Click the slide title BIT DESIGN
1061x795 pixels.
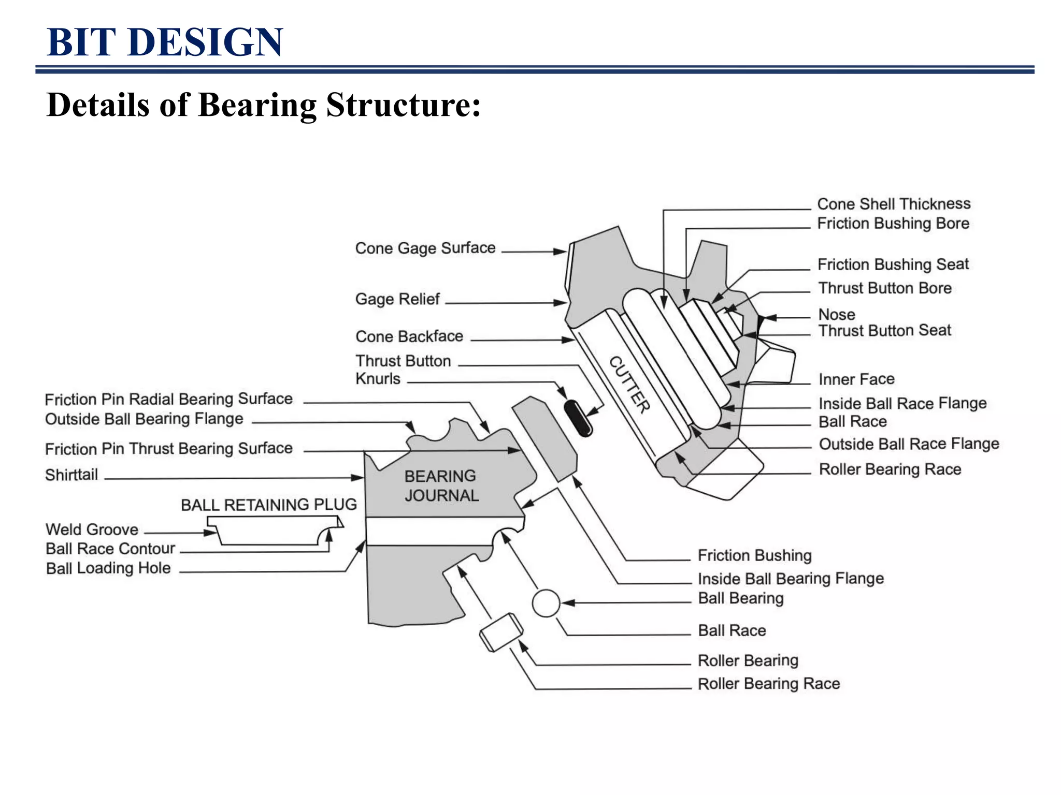[x=165, y=42]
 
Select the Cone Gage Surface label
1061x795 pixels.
[x=425, y=248]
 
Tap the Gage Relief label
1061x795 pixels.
[x=397, y=299]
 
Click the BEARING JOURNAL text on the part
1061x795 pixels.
[x=441, y=485]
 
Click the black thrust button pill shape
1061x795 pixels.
[x=578, y=418]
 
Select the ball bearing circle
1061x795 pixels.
[x=546, y=603]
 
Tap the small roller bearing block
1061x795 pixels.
[x=501, y=632]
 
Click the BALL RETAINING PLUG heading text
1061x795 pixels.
[x=268, y=505]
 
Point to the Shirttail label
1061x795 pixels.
[x=71, y=475]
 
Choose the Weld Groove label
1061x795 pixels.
[x=92, y=529]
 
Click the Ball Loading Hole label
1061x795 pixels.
[x=108, y=568]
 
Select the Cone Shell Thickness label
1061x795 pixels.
[x=894, y=204]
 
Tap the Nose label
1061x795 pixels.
[x=836, y=314]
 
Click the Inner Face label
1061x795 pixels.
[x=856, y=379]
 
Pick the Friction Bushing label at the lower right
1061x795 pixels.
[x=754, y=555]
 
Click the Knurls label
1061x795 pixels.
[x=378, y=379]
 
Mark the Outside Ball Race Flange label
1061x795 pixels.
[x=909, y=444]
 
